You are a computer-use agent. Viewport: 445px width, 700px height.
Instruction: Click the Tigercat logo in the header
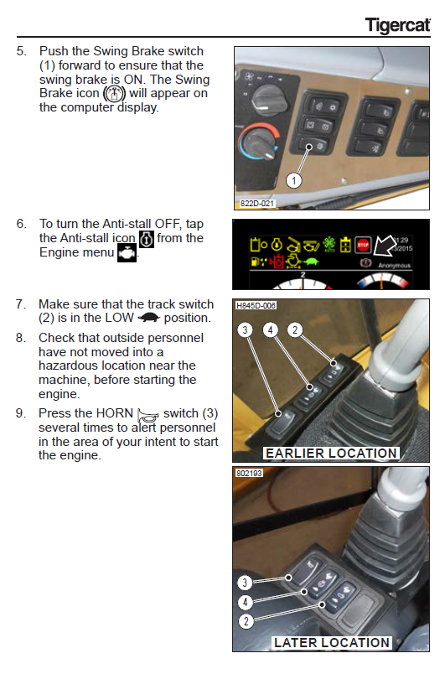[398, 25]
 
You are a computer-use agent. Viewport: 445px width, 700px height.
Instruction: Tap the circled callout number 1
[293, 181]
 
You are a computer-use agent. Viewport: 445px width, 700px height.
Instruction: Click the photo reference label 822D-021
[257, 204]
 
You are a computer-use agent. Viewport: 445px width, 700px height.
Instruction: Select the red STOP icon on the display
[363, 245]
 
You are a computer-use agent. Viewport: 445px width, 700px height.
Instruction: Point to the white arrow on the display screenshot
[385, 246]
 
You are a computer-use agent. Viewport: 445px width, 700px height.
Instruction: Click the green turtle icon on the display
[311, 262]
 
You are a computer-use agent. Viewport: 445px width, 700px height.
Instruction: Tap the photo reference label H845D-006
[256, 306]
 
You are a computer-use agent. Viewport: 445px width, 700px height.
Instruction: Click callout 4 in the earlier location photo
[270, 330]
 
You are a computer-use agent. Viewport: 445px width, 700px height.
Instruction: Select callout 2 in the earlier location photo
[295, 330]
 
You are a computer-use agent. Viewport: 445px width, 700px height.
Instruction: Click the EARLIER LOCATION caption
[331, 454]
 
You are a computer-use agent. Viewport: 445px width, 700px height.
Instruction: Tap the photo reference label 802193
[249, 473]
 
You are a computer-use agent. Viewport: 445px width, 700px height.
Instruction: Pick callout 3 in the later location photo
[245, 583]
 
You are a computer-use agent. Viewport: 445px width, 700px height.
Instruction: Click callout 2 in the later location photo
[246, 621]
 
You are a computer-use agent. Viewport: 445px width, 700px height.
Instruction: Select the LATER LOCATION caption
[332, 643]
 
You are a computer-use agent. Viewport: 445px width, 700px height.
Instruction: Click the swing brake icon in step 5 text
[115, 94]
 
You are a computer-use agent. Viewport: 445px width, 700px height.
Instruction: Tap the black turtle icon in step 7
[148, 318]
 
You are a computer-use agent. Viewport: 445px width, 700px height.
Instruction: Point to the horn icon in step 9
[147, 415]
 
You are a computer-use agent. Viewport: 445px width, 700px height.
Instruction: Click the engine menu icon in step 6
[127, 253]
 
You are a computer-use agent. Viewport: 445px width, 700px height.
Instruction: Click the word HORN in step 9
[115, 413]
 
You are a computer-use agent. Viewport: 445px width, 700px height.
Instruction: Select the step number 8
[21, 338]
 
